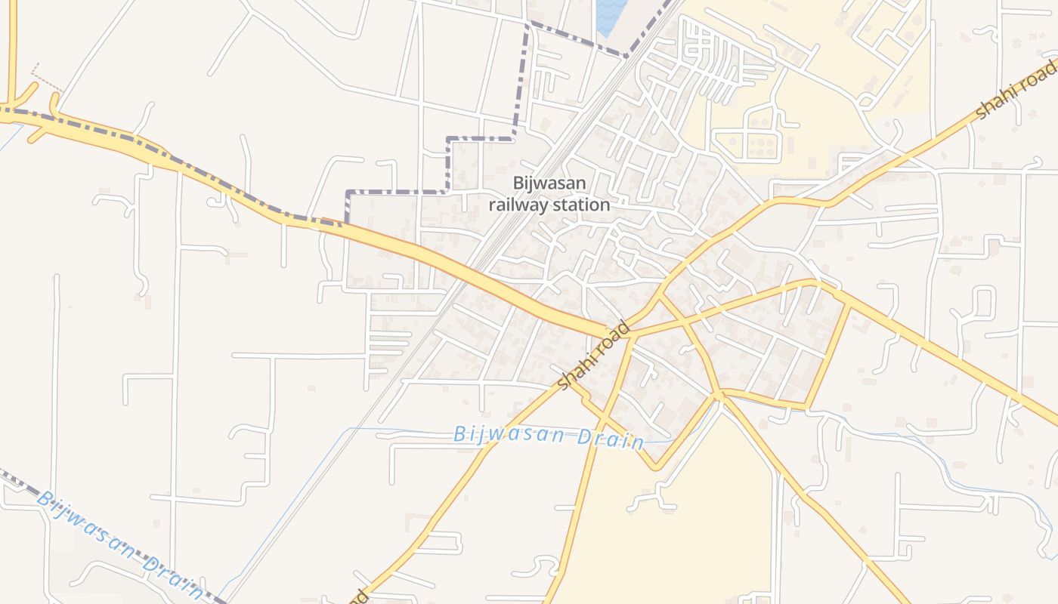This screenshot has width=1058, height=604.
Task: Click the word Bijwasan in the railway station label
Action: coord(549,183)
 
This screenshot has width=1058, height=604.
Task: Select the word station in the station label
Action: coord(582,204)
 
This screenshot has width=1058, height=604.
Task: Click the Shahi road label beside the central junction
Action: coord(593,356)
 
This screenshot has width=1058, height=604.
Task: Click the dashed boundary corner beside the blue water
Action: coord(626,55)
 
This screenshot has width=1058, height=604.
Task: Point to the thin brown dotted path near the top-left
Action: coord(47,77)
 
